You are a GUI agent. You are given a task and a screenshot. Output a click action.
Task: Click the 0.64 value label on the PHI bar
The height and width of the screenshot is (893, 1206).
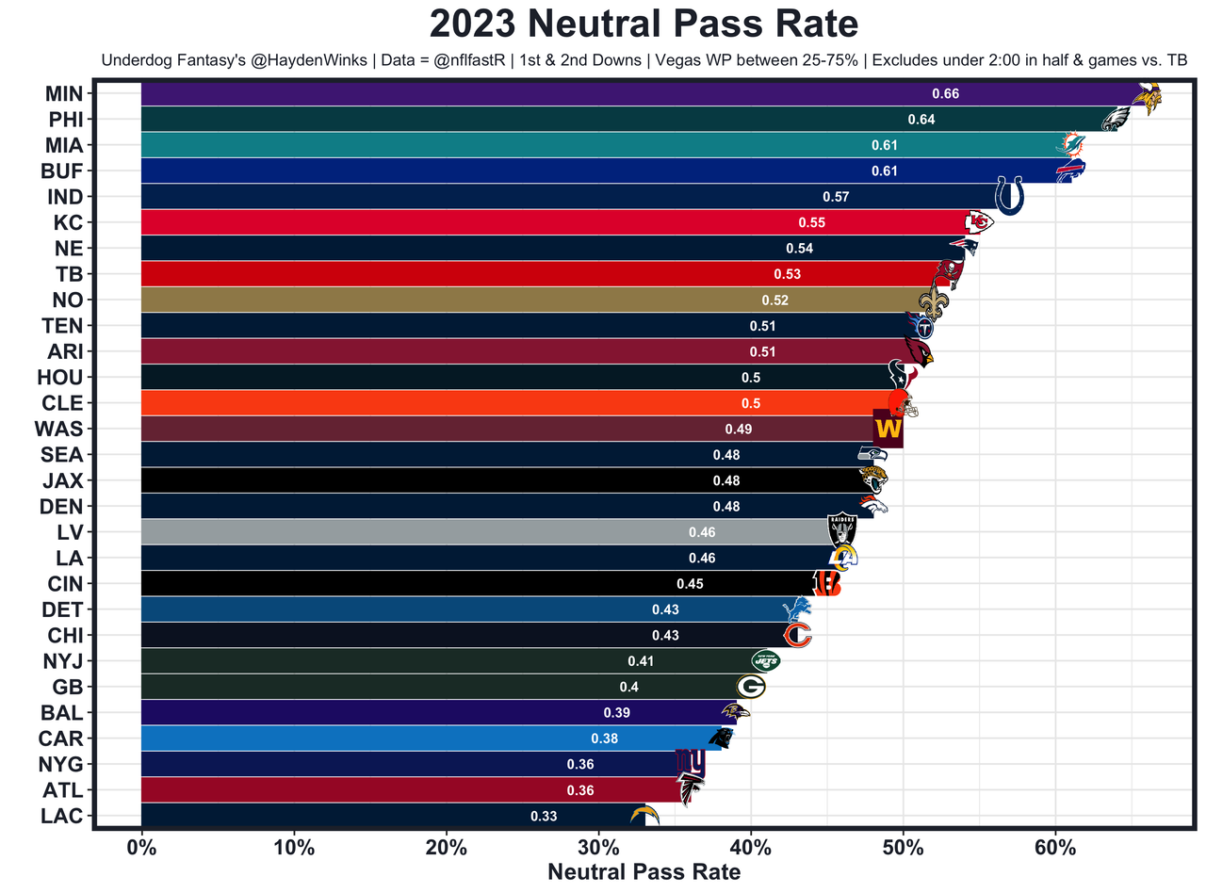click(x=921, y=120)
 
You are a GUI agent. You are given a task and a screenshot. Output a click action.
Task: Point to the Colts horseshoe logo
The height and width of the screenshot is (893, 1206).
click(x=1009, y=196)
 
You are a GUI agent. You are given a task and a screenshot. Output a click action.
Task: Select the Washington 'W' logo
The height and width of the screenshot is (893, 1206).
click(x=888, y=429)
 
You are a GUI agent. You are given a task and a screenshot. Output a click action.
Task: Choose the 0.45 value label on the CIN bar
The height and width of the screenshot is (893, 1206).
click(x=690, y=584)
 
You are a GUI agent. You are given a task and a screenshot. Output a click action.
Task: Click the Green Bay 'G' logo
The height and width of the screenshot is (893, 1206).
click(x=751, y=687)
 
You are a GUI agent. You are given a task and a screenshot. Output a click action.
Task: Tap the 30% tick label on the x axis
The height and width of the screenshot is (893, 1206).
click(x=598, y=847)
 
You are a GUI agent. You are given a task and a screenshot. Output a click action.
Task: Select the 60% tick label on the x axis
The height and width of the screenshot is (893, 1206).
click(x=1055, y=847)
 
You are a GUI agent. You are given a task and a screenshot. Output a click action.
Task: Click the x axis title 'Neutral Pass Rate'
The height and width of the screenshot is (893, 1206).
click(x=644, y=872)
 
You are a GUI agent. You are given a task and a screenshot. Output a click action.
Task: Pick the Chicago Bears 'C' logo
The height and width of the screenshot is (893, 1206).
click(x=798, y=635)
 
